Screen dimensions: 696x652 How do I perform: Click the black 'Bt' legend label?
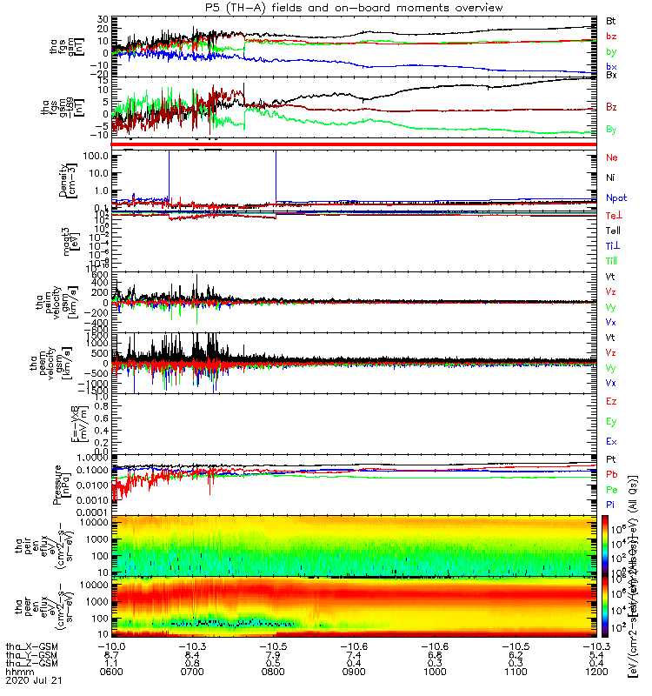pos(611,19)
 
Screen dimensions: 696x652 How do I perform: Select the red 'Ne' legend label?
pos(611,157)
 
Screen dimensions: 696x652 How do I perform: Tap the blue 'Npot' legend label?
pos(615,198)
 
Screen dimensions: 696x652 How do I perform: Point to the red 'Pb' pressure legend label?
pos(611,474)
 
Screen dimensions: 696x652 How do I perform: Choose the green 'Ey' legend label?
pos(611,422)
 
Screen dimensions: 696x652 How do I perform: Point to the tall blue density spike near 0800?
pos(275,174)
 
